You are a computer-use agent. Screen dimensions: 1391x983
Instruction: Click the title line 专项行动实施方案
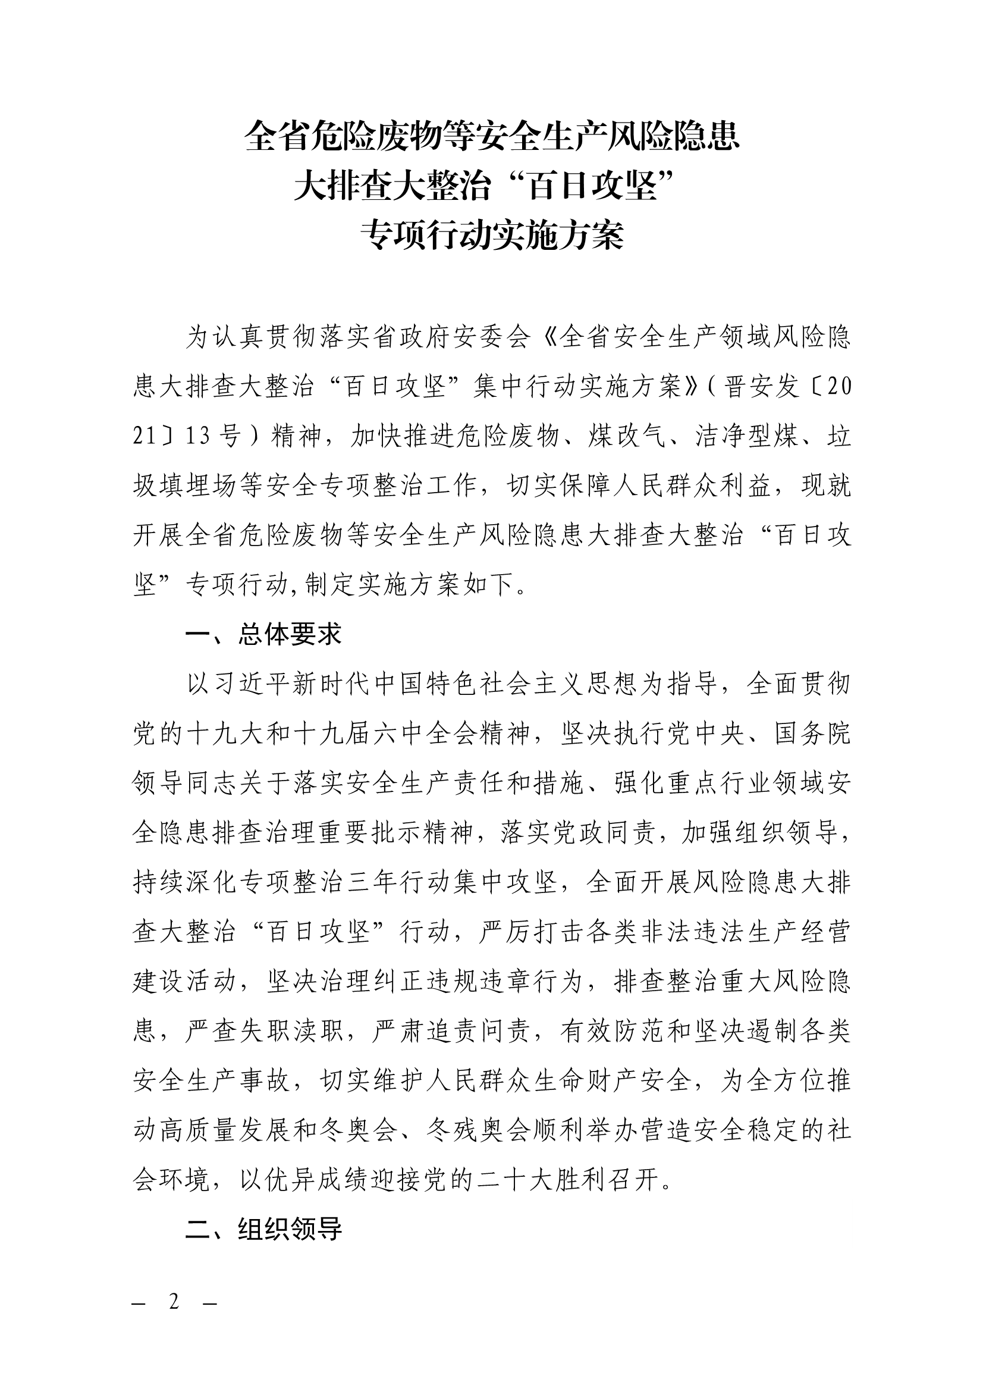pos(491,236)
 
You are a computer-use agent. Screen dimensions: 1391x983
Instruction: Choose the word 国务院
pos(812,734)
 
